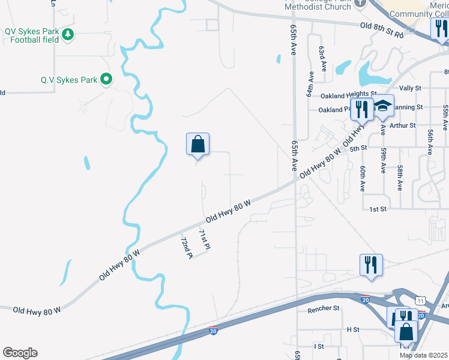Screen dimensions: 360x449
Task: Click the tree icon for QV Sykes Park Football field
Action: point(69,34)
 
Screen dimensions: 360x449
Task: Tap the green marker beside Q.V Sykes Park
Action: point(107,79)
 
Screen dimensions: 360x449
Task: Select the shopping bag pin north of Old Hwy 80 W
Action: point(197,145)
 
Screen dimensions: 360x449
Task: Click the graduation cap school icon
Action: point(382,106)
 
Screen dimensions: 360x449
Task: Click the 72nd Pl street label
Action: point(186,247)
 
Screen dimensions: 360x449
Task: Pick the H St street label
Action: point(352,329)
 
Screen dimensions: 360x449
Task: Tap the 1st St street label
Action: point(377,209)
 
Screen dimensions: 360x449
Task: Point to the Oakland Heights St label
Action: point(340,95)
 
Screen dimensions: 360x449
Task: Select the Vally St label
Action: point(410,88)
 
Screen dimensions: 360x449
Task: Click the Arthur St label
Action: point(402,125)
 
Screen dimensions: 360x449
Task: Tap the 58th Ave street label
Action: point(399,178)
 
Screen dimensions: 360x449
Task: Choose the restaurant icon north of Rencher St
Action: point(371,264)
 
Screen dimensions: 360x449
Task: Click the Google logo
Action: point(20,353)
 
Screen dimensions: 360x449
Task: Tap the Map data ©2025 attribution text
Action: point(423,355)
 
